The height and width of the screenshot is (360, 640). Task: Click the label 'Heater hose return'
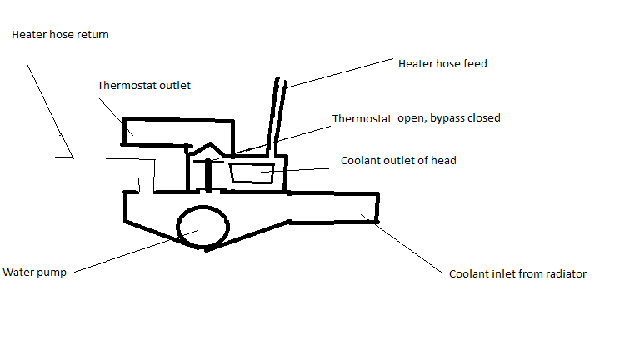click(60, 35)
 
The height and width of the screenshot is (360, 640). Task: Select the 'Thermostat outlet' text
click(144, 85)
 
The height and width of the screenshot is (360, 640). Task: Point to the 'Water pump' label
click(34, 272)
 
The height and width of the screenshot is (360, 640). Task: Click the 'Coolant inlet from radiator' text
click(517, 273)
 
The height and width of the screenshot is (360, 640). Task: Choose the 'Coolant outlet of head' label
click(398, 160)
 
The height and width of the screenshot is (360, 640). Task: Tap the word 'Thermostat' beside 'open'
click(362, 118)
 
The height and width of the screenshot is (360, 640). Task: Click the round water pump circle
click(202, 227)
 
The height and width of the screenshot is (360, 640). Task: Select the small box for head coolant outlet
click(251, 173)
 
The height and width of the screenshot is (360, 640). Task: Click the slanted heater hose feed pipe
click(277, 117)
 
